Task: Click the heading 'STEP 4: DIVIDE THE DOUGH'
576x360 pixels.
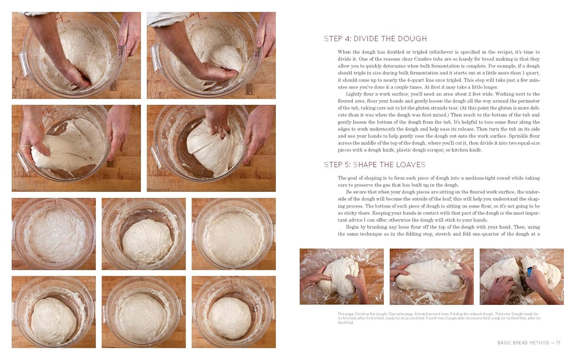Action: pos(375,39)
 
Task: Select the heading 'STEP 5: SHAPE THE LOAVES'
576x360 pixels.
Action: pos(374,165)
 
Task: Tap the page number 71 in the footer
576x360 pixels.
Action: pos(558,343)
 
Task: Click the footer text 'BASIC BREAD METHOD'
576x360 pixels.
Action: pos(523,343)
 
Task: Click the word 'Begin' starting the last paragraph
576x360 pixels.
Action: pos(353,227)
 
